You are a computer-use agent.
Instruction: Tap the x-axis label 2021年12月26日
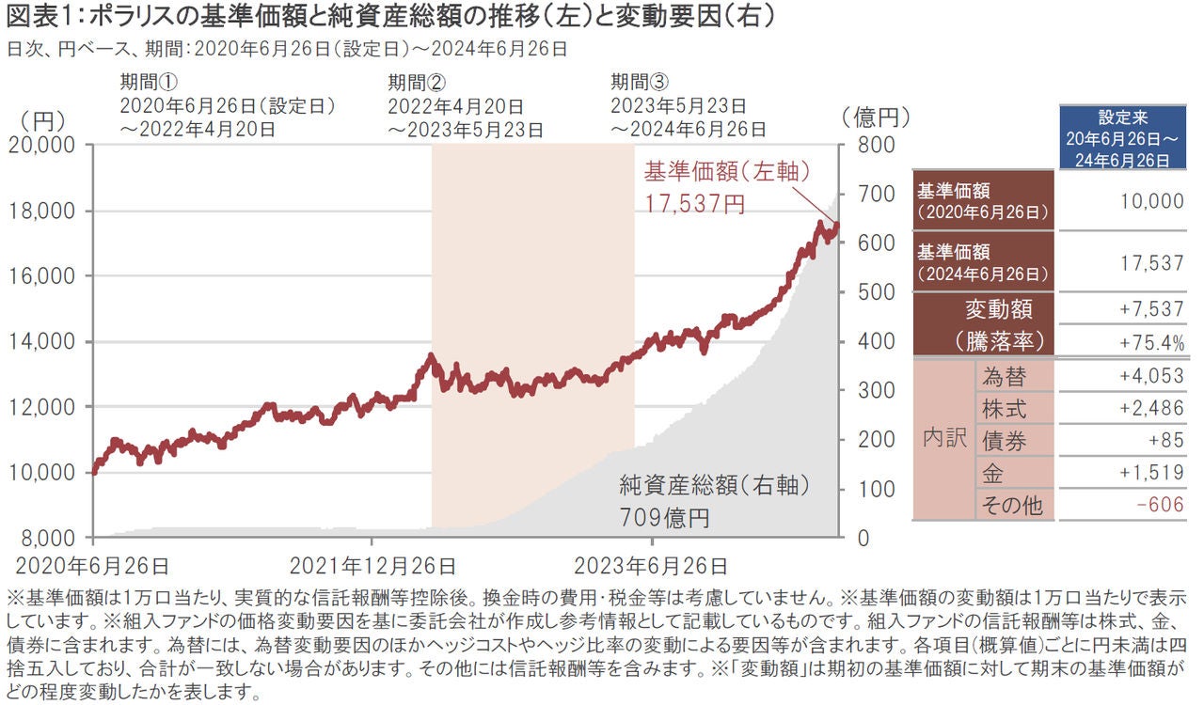[372, 566]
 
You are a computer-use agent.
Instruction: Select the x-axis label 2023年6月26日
[650, 566]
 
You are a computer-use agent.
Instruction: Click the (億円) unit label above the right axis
[876, 118]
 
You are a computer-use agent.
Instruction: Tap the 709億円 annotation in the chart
[664, 518]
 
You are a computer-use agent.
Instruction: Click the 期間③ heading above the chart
[639, 82]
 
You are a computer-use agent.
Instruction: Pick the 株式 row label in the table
[1004, 409]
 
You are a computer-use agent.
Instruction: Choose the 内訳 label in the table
[943, 440]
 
